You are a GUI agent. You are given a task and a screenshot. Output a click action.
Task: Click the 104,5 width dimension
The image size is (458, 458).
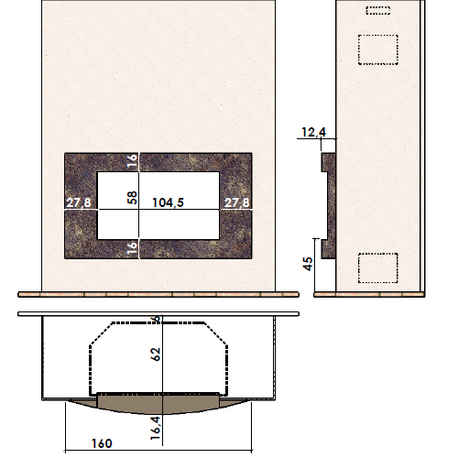[x=168, y=202]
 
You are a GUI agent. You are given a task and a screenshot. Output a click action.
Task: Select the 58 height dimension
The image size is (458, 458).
[x=132, y=198]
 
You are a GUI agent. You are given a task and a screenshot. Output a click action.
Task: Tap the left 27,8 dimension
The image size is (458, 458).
[x=79, y=202]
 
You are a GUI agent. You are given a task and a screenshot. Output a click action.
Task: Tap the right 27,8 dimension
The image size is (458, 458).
[x=237, y=202]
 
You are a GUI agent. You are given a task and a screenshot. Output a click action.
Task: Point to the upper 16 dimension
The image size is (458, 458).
[x=132, y=161]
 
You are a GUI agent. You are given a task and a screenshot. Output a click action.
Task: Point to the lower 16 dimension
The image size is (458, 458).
[x=132, y=248]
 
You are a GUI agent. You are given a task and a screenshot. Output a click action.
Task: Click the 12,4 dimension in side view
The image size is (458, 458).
[x=313, y=132]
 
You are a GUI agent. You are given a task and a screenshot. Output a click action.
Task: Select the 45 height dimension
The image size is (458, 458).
[x=308, y=264]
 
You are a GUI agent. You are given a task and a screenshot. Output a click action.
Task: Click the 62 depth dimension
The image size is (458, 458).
[x=156, y=354]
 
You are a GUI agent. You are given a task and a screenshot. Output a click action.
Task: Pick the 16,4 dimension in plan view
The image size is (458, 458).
[x=156, y=428]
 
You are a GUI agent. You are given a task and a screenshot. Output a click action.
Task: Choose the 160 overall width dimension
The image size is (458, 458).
[x=102, y=443]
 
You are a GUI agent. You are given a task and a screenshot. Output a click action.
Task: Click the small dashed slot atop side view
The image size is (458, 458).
[x=378, y=10]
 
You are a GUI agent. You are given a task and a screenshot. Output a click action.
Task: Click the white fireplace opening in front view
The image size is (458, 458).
[x=158, y=205]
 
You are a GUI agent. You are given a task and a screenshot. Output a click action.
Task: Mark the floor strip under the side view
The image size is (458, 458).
[x=369, y=294]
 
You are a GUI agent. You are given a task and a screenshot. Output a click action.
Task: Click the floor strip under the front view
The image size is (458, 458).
[x=158, y=294]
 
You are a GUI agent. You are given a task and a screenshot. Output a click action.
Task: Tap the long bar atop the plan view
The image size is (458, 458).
[x=158, y=314]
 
